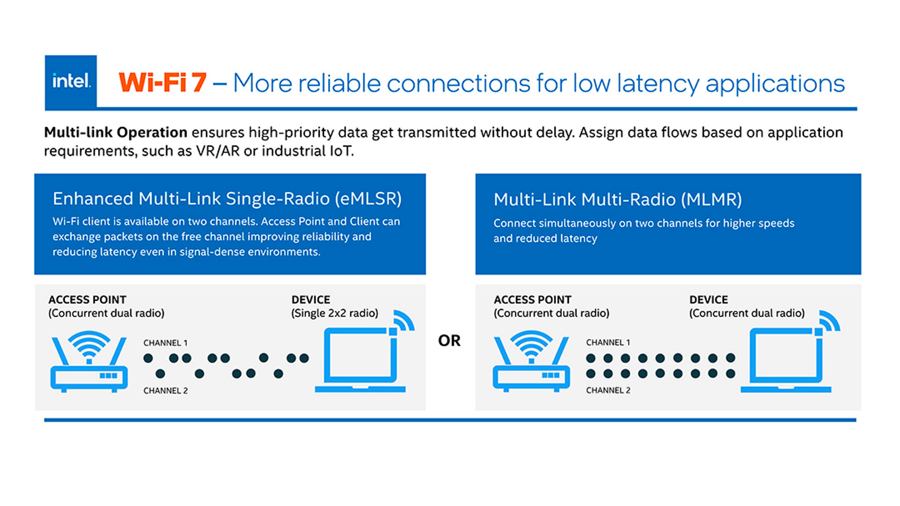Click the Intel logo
[71, 82]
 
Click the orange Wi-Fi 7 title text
[162, 83]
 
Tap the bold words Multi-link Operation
[116, 133]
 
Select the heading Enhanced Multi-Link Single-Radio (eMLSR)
[227, 199]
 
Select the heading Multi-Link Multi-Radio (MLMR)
[617, 200]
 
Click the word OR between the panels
[449, 341]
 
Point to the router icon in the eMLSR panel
[89, 362]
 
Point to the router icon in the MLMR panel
[531, 361]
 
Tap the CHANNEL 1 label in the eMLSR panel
[165, 343]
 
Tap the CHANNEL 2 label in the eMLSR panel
[165, 391]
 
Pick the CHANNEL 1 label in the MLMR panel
[607, 342]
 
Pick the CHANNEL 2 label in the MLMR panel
[607, 390]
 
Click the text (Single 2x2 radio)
[334, 313]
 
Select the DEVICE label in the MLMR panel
[708, 300]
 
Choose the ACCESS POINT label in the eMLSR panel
[87, 300]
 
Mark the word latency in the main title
[658, 84]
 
